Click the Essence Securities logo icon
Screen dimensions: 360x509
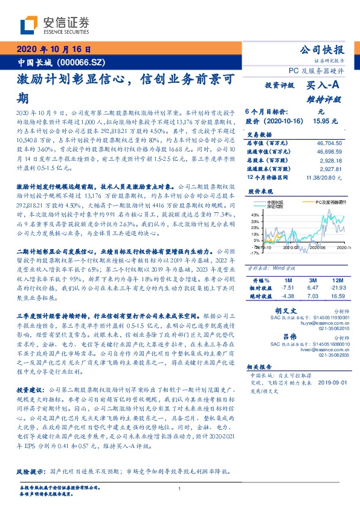click(30, 25)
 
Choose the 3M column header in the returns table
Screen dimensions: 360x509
click(312, 281)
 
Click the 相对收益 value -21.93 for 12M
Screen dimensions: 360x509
click(338, 289)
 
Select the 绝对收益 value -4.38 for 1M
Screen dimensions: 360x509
click(288, 297)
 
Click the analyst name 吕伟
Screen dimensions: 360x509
click(289, 336)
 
